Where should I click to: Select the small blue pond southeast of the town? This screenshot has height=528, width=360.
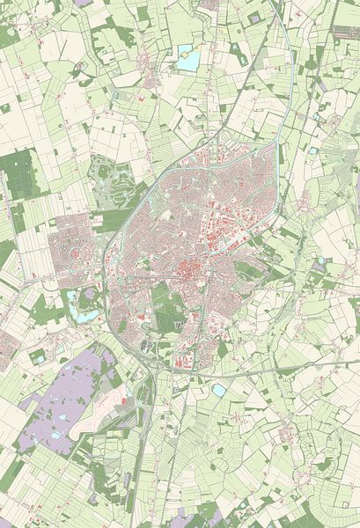218,389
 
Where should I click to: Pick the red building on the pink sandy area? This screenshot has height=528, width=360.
123,401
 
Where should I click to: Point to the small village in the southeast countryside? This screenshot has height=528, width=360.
286,434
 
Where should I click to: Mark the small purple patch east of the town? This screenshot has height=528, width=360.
318,263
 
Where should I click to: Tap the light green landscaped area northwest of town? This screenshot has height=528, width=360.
114,180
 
